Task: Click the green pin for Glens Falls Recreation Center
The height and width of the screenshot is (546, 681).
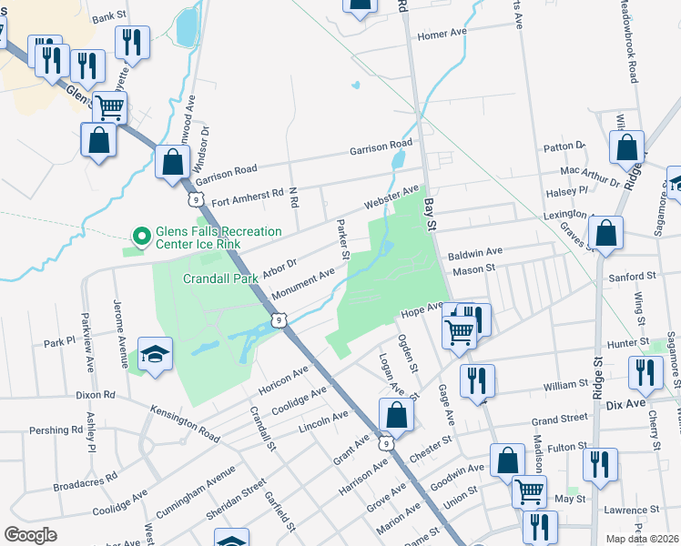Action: click(x=141, y=238)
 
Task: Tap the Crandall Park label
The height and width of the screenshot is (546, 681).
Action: click(x=222, y=279)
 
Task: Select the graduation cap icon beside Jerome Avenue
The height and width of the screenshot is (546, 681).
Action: click(x=156, y=355)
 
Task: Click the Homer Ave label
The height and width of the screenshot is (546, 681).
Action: click(x=442, y=35)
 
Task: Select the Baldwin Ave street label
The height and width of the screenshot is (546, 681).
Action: click(x=475, y=251)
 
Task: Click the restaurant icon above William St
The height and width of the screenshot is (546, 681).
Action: click(x=476, y=380)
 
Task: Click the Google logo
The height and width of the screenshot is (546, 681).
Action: click(x=31, y=534)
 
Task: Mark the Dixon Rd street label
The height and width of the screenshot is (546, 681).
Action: click(x=96, y=396)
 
